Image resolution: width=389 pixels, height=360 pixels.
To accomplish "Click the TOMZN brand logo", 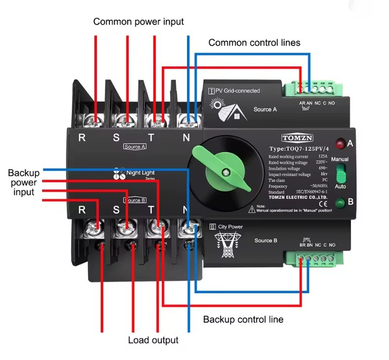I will pyautogui.click(x=297, y=138).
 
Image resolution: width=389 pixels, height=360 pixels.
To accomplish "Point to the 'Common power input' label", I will pyautogui.click(x=139, y=22).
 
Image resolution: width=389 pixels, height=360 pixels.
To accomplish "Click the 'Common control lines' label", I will pyautogui.click(x=254, y=43).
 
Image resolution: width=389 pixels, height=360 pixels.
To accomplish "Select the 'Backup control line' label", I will pyautogui.click(x=243, y=319).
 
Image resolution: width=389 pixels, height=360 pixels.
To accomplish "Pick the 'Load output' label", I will pyautogui.click(x=153, y=340).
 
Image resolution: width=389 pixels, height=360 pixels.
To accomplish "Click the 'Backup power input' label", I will pyautogui.click(x=23, y=182).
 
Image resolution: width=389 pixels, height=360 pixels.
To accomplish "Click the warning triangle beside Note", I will pyautogui.click(x=252, y=209).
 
